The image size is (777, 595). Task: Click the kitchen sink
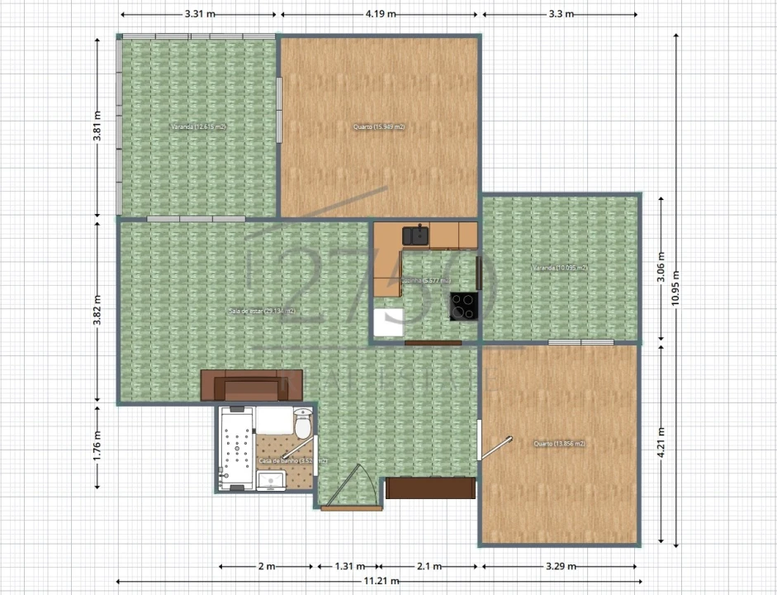416,235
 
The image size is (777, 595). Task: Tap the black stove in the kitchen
462,306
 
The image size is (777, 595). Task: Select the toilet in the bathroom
303,424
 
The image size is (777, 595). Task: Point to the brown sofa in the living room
253,386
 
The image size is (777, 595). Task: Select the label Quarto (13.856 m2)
559,444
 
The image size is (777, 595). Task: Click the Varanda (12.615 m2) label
198,127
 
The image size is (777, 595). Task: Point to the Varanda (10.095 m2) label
560,269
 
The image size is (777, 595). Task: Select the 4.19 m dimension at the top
380,15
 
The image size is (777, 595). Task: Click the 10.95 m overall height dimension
676,289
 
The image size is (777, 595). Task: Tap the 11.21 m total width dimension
377,581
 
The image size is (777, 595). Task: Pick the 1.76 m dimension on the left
97,445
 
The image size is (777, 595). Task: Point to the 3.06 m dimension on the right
661,267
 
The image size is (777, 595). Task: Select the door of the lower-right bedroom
497,447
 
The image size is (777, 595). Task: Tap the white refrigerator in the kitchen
388,321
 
